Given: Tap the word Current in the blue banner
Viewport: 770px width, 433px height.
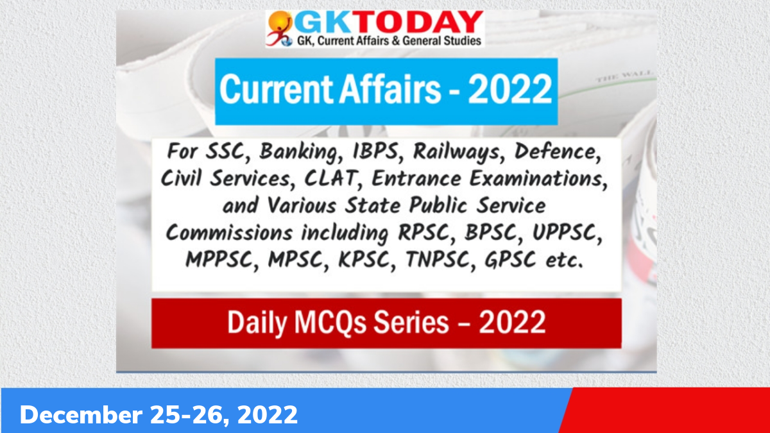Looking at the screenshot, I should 269,90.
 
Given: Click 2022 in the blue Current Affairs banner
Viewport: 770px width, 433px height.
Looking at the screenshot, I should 509,90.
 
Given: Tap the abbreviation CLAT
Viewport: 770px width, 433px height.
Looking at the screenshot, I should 330,179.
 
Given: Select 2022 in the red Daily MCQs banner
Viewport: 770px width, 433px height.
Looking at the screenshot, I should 512,321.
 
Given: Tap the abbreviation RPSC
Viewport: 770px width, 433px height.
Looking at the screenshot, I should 420,232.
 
